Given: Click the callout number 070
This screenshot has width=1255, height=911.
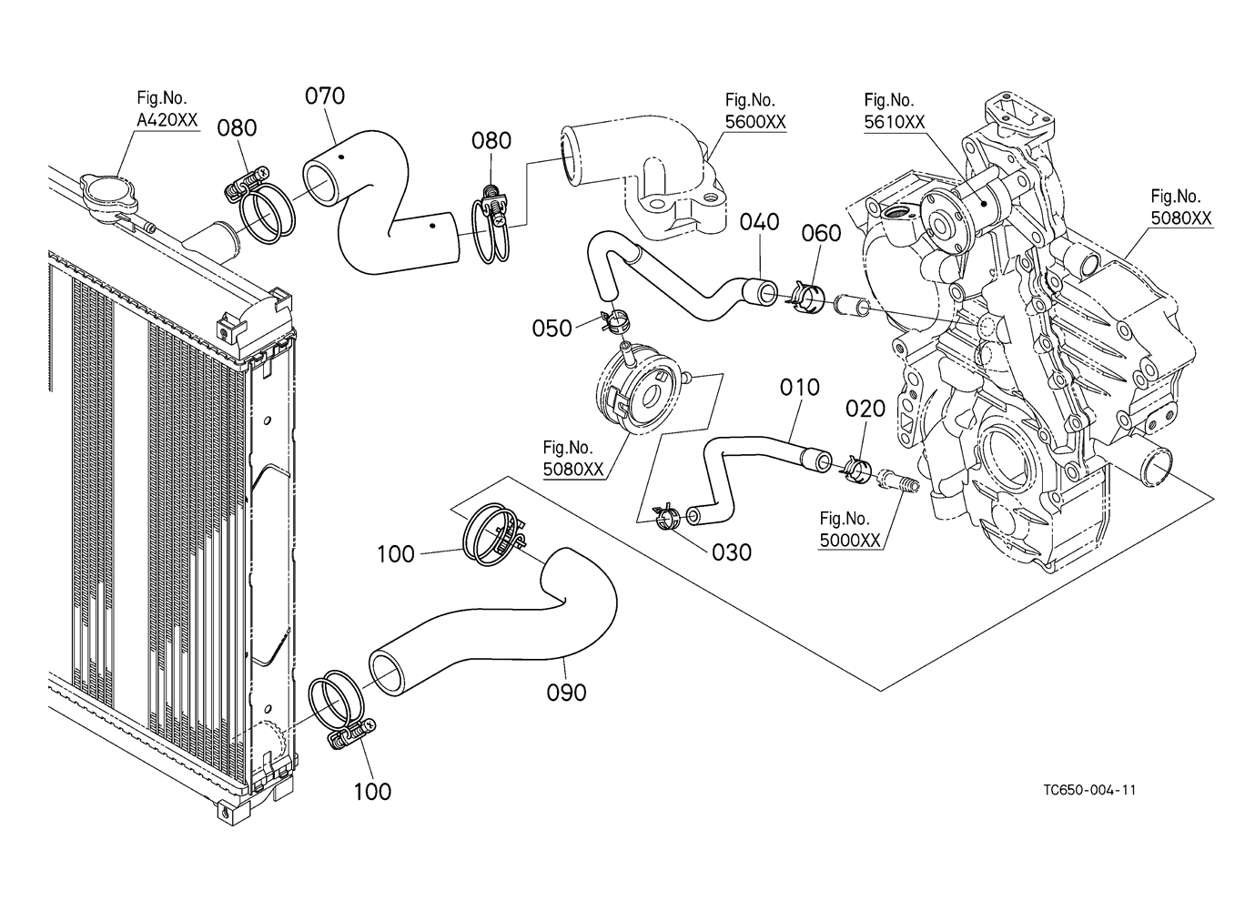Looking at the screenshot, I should click(x=325, y=96).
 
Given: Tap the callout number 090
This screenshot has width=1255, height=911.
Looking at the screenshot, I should click(x=566, y=693).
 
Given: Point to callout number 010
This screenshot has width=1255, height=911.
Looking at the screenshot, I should click(x=800, y=388).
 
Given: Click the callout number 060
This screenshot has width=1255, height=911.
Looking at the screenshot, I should click(x=821, y=234).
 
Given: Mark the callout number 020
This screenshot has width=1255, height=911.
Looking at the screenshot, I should click(x=865, y=410).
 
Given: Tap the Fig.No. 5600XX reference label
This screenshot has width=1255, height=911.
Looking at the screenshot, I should click(x=750, y=111).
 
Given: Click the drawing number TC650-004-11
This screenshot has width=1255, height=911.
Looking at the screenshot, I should click(x=1089, y=789).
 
